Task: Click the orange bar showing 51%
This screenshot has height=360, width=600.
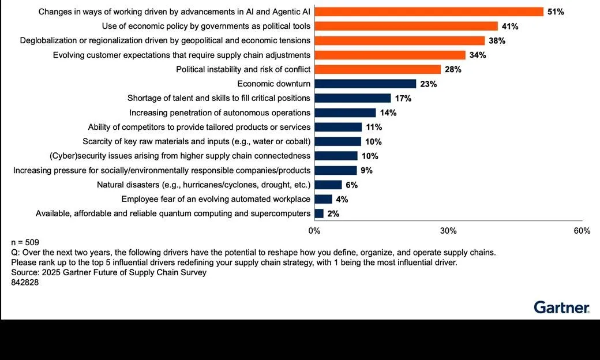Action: [x=429, y=12]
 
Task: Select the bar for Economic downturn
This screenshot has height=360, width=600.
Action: [x=365, y=84]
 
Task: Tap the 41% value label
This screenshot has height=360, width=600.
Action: [x=510, y=26]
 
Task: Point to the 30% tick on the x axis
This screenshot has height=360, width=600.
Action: [x=448, y=231]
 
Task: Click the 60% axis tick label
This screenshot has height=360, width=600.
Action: [x=582, y=231]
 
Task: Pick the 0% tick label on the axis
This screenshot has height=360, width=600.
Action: [x=314, y=231]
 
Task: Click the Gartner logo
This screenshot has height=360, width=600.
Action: [x=561, y=307]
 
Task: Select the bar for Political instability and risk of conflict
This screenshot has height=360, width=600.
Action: [x=378, y=69]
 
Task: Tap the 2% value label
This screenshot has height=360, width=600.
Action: [x=333, y=213]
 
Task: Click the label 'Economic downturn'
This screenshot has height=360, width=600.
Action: [x=273, y=84]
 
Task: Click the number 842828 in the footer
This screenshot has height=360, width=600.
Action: [x=25, y=283]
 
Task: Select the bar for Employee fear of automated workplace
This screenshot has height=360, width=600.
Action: [x=324, y=199]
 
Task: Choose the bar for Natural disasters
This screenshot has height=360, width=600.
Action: [x=328, y=185]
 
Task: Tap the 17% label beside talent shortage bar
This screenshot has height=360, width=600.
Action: [x=403, y=98]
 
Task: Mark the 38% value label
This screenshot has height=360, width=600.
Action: [x=497, y=40]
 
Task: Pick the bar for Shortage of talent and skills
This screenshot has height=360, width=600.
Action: [x=352, y=98]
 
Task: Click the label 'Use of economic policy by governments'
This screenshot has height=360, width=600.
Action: [x=206, y=26]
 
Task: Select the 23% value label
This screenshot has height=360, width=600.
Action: [x=429, y=84]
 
